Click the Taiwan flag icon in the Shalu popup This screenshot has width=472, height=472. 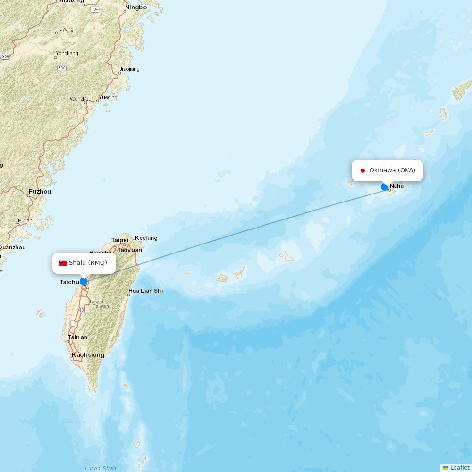click(x=63, y=263)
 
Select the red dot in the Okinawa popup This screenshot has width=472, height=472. click(x=362, y=170)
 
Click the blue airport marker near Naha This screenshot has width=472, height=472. click(x=385, y=187)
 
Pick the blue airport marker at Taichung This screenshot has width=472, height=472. click(x=84, y=281)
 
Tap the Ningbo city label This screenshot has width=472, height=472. click(x=136, y=8)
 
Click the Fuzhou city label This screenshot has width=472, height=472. click(x=40, y=192)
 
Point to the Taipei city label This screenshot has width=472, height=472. click(x=120, y=240)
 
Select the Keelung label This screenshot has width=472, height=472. click(x=146, y=238)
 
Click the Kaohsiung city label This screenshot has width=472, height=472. click(x=88, y=355)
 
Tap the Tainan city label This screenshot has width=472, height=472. click(x=77, y=337)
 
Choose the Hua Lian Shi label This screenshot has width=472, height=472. click(x=145, y=291)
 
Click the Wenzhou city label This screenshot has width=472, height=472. click(x=81, y=99)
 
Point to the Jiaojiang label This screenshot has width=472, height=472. click(x=129, y=69)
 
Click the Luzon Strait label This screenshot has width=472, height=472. click(x=101, y=468)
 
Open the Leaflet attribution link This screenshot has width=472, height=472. click(x=459, y=467)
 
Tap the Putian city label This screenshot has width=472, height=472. click(x=25, y=220)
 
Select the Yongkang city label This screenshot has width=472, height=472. click(x=67, y=53)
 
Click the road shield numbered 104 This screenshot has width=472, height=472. click(x=95, y=9)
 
